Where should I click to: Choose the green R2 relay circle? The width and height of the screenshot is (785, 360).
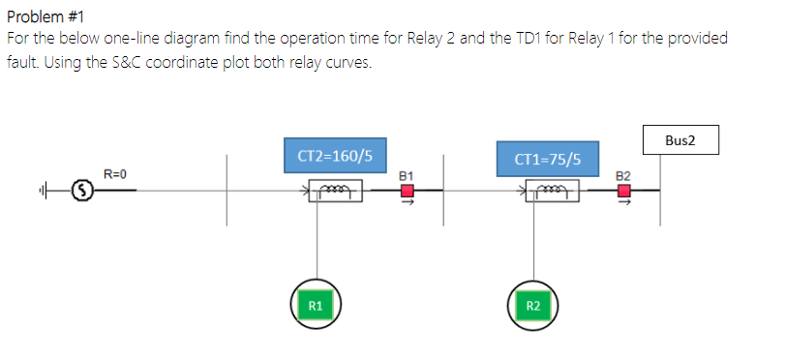click(x=533, y=306)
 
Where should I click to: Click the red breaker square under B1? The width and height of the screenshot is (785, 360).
click(x=408, y=191)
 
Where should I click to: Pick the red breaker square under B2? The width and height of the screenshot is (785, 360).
click(x=624, y=191)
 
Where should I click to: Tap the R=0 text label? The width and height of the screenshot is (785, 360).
click(x=116, y=174)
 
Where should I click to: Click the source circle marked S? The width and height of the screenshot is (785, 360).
click(x=84, y=192)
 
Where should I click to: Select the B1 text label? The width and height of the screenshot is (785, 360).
click(x=407, y=175)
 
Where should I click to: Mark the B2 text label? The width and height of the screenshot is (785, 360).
click(x=623, y=175)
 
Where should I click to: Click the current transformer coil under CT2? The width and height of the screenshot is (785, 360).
click(x=336, y=192)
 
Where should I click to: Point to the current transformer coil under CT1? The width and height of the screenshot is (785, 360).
click(x=553, y=192)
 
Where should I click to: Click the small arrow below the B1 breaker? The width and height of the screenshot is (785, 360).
click(x=408, y=204)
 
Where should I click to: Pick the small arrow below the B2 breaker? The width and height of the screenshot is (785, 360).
click(x=624, y=204)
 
